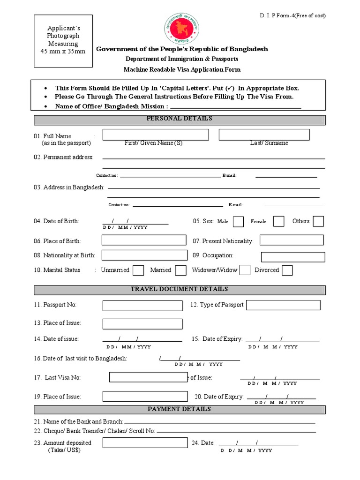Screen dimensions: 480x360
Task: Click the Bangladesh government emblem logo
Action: tap(180, 29)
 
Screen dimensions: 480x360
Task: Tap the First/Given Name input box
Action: tap(156, 135)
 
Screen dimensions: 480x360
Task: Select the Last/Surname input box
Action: tap(264, 135)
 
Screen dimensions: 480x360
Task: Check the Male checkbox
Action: tap(238, 221)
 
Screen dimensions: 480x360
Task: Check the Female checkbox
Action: tap(278, 221)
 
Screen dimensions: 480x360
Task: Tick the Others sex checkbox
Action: tap(318, 221)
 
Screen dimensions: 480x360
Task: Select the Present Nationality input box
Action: tap(292, 240)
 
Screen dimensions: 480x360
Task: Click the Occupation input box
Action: tap(292, 256)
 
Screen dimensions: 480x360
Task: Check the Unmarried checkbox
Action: tap(138, 270)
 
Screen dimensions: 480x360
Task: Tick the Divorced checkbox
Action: tap(287, 270)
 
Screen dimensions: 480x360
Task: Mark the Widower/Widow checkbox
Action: tap(245, 270)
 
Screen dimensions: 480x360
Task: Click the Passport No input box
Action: tap(142, 306)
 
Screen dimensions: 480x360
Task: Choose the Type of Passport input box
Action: tap(283, 305)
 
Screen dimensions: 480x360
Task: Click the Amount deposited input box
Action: tap(142, 443)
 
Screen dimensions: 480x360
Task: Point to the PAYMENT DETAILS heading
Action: tap(180, 410)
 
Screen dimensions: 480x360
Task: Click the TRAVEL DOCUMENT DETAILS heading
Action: tap(180, 290)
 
